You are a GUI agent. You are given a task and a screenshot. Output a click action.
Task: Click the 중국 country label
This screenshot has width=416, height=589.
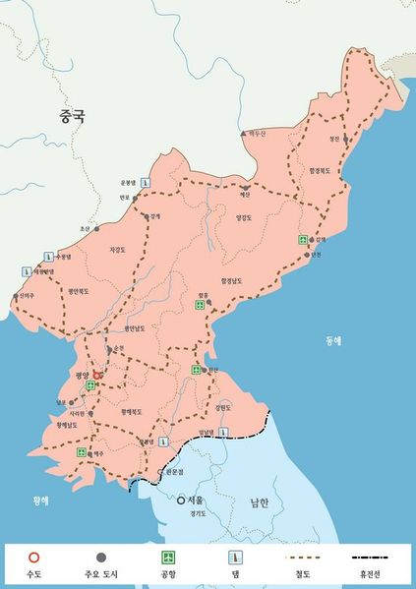point(72,116)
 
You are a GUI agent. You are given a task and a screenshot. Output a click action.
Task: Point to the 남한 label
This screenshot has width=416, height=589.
point(259,502)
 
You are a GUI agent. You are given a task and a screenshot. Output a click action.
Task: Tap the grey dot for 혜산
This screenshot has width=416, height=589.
point(245,186)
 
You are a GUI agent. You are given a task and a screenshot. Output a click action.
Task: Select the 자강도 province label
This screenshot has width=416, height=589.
point(118,250)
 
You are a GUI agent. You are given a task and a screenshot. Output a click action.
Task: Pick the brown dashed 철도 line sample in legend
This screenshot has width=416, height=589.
point(297,557)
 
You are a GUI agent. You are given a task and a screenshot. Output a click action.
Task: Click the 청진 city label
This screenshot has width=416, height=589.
point(334,140)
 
